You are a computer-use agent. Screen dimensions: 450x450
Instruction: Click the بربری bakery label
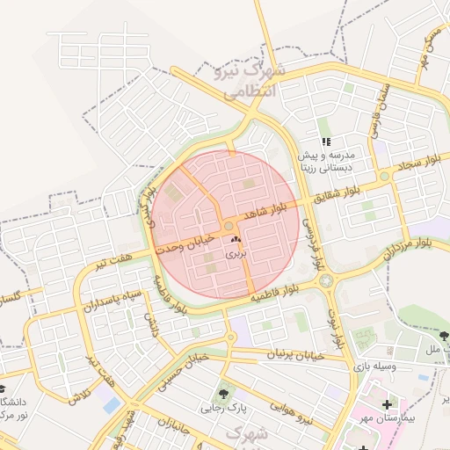click(x=236, y=252)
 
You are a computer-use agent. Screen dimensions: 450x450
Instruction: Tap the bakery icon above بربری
click(x=235, y=239)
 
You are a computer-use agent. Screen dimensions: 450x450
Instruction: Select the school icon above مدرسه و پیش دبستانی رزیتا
click(x=326, y=141)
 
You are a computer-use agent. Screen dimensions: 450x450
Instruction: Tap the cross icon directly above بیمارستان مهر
click(x=387, y=403)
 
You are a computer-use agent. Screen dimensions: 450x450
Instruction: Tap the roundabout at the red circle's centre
click(x=229, y=226)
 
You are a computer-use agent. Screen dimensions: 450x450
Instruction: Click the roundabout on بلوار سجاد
click(x=384, y=177)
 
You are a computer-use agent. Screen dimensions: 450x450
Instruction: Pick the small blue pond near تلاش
click(x=111, y=405)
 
